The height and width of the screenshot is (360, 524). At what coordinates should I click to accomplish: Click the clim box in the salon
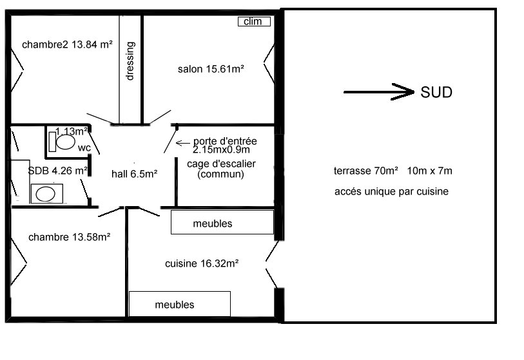(254, 21)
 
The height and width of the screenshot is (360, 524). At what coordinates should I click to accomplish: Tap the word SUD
(436, 92)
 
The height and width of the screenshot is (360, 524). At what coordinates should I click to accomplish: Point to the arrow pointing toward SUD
(379, 91)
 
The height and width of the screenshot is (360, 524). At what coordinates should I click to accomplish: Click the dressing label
(130, 61)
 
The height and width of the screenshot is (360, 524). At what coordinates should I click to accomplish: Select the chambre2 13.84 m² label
(67, 44)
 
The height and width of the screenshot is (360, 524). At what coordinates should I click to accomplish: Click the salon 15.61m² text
(211, 69)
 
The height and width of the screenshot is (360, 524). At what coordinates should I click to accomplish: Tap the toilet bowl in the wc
(66, 142)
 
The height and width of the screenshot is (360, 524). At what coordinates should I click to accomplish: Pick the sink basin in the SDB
(46, 194)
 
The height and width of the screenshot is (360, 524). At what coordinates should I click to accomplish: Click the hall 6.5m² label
(134, 174)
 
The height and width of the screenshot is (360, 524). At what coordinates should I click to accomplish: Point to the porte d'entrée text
(225, 141)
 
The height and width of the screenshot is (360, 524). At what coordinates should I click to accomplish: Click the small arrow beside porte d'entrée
(183, 143)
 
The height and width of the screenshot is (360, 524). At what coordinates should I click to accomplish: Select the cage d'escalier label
(221, 164)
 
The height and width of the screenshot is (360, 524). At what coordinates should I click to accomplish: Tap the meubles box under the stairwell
(222, 222)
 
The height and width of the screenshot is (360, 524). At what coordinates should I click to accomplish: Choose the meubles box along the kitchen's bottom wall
(180, 304)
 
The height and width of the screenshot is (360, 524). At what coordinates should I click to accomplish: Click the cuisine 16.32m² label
(202, 264)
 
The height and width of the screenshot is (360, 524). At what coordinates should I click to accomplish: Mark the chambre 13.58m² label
(70, 237)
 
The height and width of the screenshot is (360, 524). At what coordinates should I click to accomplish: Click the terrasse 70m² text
(366, 171)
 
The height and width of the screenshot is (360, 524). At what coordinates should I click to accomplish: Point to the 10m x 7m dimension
(429, 171)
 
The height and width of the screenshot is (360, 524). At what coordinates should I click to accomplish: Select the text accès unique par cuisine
(391, 192)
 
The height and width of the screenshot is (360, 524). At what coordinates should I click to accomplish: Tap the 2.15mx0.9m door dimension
(221, 149)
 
